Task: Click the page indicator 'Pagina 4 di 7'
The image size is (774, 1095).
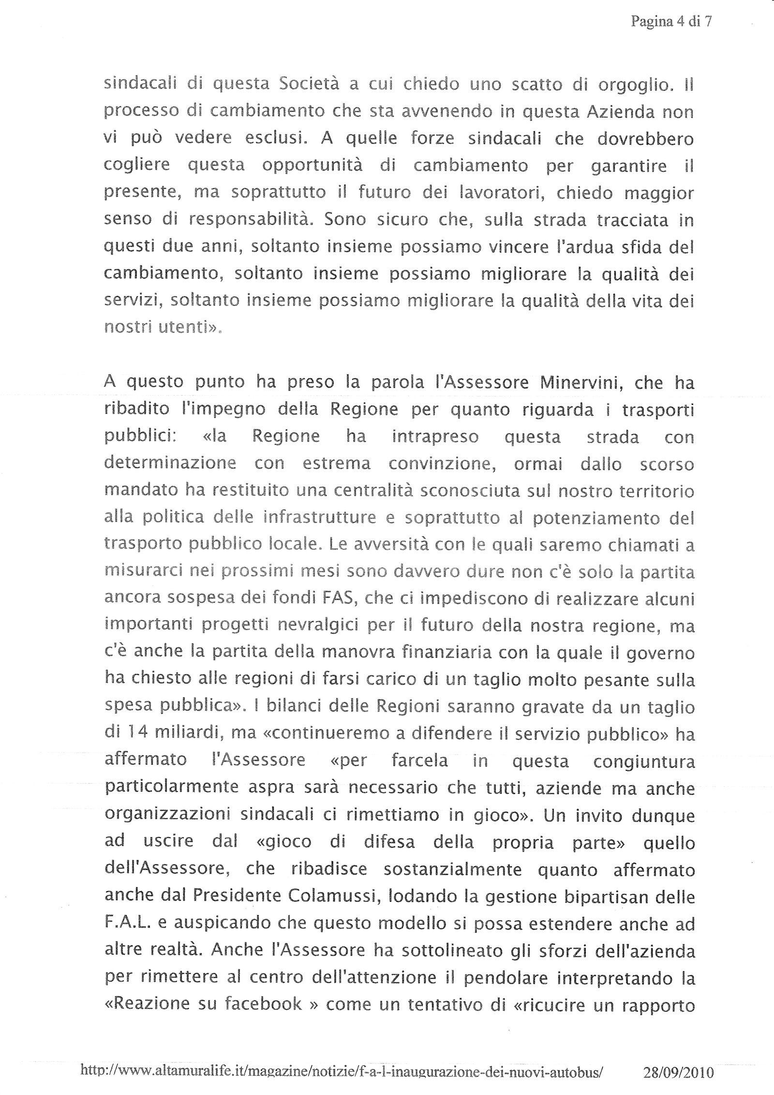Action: (x=671, y=22)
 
